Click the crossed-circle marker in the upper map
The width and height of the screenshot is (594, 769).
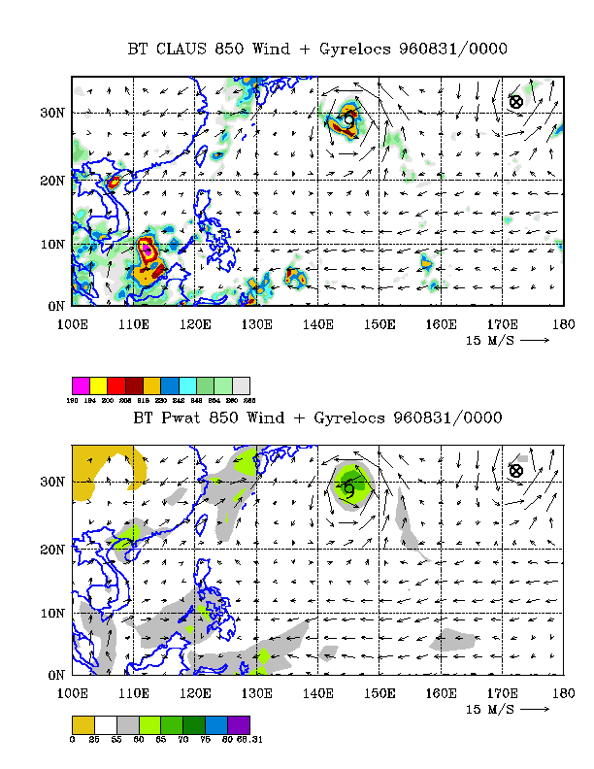coord(516,101)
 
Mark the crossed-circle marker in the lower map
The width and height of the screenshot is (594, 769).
coord(516,470)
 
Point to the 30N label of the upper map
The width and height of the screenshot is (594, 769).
coord(52,114)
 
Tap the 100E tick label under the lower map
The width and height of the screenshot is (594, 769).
coord(73,693)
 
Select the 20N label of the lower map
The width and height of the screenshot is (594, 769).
coord(52,551)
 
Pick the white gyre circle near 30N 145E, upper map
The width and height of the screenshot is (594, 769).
coord(349,119)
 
